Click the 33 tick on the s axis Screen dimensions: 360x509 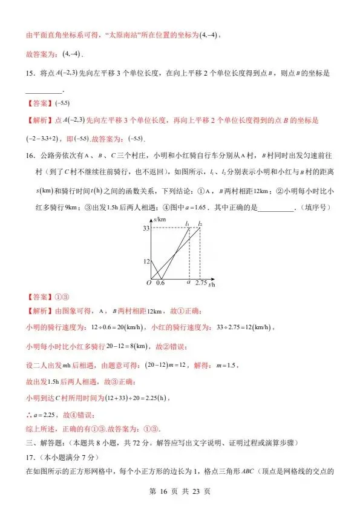pos(146,228)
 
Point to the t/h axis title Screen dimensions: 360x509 pos(212,284)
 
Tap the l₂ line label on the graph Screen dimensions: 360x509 pos(200,223)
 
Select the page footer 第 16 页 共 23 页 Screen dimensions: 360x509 pos(180,491)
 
